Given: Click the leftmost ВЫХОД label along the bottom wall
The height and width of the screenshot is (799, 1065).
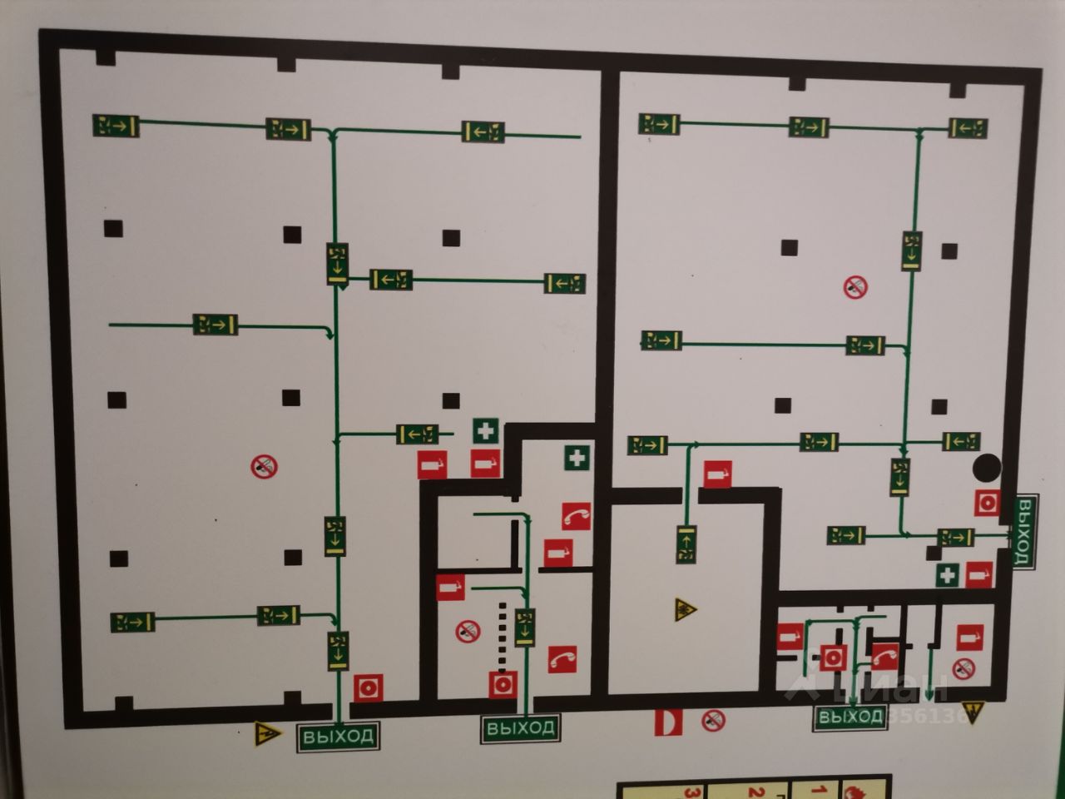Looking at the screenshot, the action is (338, 737).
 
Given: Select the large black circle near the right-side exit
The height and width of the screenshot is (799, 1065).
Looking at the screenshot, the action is (988, 468).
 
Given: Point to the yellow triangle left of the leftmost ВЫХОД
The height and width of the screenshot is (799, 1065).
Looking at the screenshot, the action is (265, 734).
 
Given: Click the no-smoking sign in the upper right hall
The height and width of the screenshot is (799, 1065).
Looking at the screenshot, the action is (854, 288).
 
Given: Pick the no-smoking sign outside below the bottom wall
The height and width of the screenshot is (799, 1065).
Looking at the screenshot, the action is (713, 720).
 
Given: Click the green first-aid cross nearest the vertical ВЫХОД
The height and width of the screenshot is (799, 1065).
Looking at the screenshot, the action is (947, 574).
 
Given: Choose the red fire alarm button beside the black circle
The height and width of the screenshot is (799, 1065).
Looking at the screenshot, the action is (988, 503).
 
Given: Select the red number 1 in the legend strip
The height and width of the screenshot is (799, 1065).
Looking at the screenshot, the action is (819, 791).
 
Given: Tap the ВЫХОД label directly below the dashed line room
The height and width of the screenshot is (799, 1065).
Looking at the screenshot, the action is (519, 729).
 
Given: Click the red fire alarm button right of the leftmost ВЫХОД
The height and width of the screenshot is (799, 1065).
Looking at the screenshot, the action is (367, 688).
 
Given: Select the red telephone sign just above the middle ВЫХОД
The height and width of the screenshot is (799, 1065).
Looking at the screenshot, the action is (563, 659).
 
